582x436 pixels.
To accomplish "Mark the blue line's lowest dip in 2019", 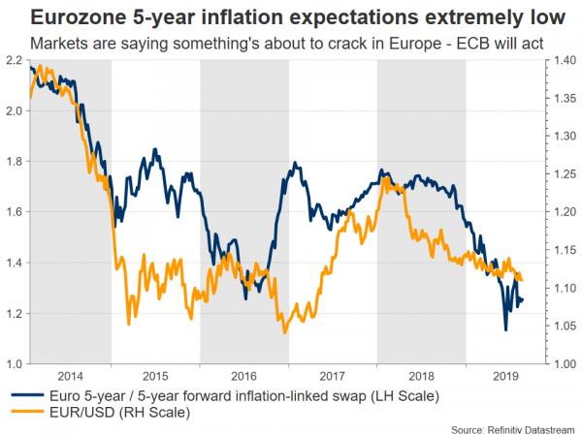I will [x=505, y=330].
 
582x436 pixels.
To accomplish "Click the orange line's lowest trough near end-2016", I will [x=284, y=333].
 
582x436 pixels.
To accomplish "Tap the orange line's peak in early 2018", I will [x=386, y=177].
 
